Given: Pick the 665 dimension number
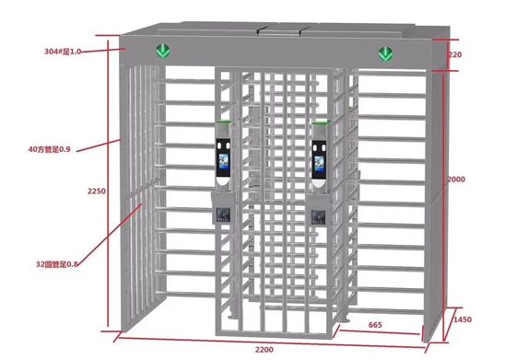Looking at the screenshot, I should (x=375, y=323).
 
